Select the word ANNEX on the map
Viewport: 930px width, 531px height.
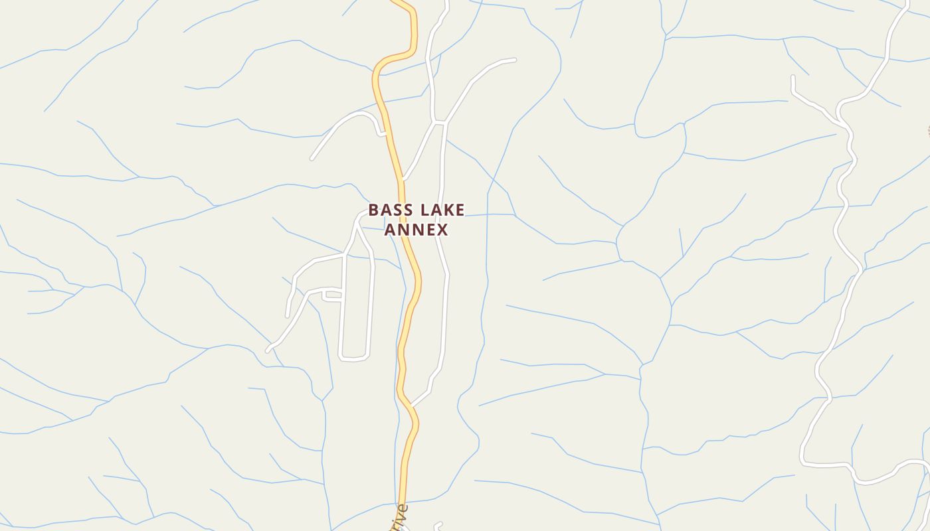417,230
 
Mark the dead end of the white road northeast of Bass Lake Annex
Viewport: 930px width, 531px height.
515,60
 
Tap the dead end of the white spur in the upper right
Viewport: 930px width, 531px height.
792,77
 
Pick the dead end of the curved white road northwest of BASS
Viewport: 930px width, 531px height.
312,159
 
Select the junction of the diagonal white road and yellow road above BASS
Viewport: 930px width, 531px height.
403,179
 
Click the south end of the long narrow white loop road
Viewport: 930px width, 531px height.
353,360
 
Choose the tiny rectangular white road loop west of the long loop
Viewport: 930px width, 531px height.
332,296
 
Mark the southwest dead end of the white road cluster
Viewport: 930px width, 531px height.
267,350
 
